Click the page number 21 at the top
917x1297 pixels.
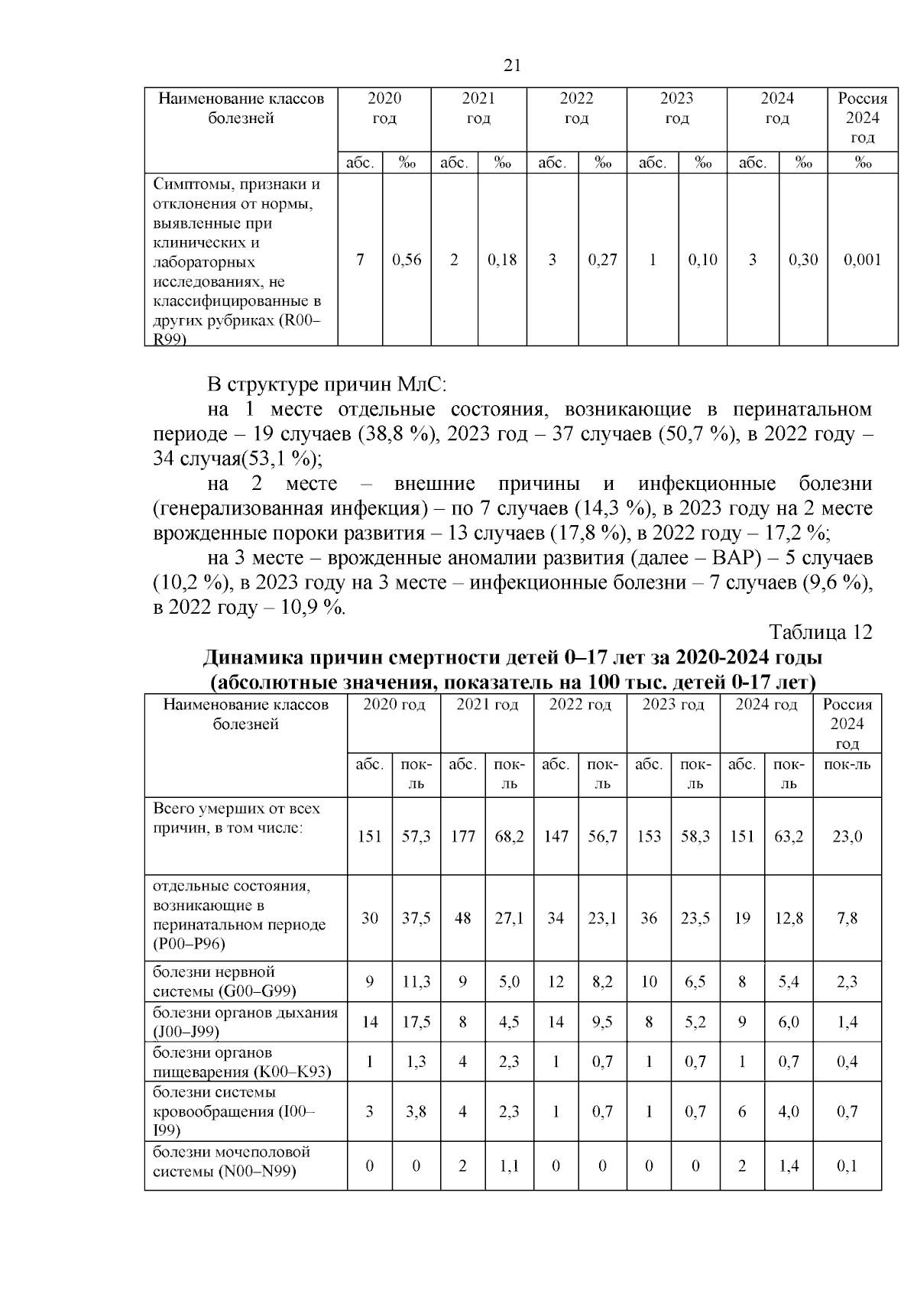pos(513,66)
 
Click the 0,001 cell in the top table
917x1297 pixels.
pos(862,260)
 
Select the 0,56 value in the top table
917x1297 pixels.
pos(407,260)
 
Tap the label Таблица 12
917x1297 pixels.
pos(820,633)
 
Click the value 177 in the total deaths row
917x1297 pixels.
pos(462,836)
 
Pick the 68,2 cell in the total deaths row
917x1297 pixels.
pos(509,836)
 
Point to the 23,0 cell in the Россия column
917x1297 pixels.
pos(847,836)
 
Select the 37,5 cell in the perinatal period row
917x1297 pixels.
pos(416,918)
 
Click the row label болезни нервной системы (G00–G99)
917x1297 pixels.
pos(224,981)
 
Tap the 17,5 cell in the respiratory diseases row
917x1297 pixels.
pos(416,1022)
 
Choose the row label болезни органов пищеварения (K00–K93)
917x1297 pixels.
pos(241,1062)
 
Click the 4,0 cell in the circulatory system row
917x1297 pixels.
pos(789,1111)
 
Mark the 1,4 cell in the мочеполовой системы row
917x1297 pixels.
pos(789,1166)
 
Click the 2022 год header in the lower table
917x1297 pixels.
pos(580,705)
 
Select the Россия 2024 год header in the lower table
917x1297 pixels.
pos(847,723)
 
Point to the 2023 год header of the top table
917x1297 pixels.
pos(676,108)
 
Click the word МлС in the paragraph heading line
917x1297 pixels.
pos(423,384)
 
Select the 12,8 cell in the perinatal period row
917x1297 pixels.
pos(789,918)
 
